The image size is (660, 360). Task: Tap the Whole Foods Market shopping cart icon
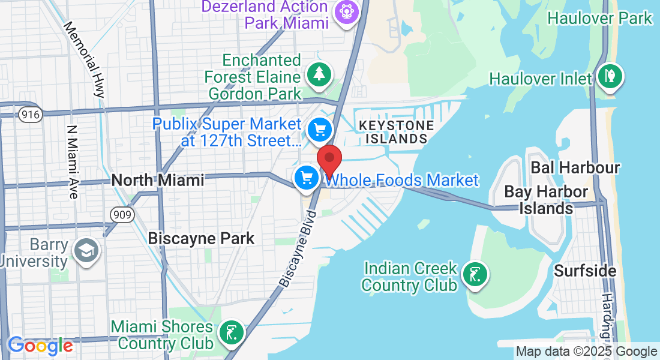tap(307, 178)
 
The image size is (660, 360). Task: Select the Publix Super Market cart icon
tap(319, 129)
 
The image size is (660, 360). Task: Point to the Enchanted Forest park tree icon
tap(319, 74)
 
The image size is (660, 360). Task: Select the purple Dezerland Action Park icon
tap(346, 12)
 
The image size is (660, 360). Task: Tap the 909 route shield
tap(122, 214)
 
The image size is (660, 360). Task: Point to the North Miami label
tap(158, 180)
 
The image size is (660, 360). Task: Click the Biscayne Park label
tap(201, 238)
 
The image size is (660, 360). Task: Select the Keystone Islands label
tap(396, 132)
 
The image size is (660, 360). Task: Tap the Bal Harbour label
tap(575, 167)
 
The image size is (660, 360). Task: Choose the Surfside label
tap(585, 271)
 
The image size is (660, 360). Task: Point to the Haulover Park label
tap(599, 18)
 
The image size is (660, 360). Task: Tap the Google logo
tap(40, 346)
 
